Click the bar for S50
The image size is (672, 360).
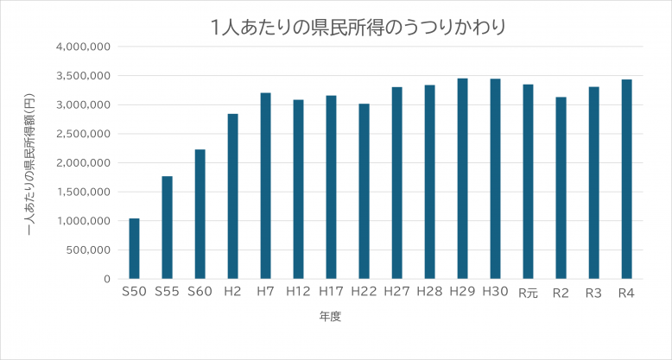[x=134, y=249]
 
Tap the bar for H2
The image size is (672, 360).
[x=232, y=196]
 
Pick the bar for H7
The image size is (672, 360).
[x=265, y=186]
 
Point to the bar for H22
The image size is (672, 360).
[x=364, y=191]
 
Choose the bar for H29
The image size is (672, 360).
[x=462, y=179]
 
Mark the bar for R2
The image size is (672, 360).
[x=561, y=188]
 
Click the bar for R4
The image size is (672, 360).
[x=626, y=179]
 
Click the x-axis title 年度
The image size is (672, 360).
[x=331, y=317]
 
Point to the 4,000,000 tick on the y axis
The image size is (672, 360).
[x=82, y=47]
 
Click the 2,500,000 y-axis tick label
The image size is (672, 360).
[x=82, y=134]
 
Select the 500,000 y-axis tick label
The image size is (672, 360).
[x=87, y=250]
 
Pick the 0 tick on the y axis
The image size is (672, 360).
[x=107, y=279]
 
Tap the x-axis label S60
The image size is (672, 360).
[x=200, y=293]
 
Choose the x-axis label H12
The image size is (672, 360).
[x=298, y=293]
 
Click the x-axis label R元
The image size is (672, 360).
[x=528, y=293]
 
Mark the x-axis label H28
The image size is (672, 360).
[x=429, y=293]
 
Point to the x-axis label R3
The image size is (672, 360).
[x=593, y=293]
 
